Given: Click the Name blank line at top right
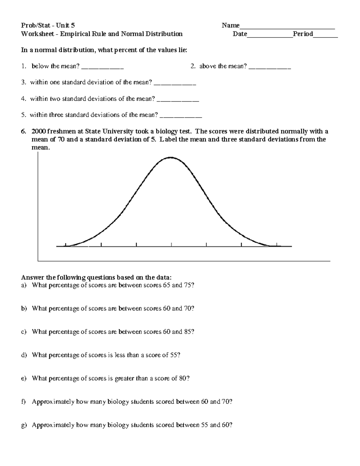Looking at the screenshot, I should point(287,28).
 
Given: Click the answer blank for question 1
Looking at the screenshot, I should point(102,68).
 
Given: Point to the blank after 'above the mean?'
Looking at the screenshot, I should point(270,68).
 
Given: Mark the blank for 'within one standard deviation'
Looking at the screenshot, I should point(175,84).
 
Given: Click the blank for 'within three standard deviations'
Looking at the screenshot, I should point(181,117).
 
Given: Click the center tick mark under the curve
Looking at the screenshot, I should point(171,245).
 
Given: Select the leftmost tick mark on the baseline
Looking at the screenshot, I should point(66,245).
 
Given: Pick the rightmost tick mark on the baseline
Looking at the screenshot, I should point(277,245).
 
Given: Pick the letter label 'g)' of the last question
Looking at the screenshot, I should point(24,425).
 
